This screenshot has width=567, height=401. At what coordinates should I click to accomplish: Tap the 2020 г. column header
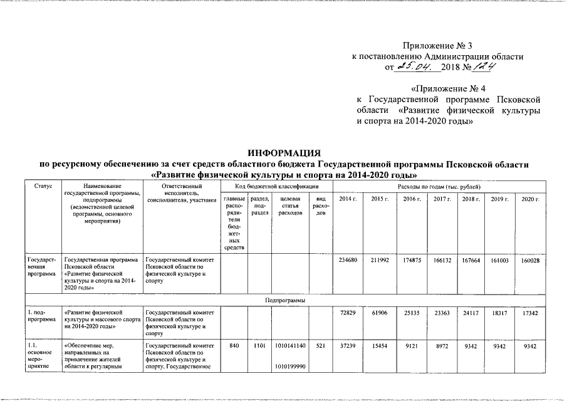[x=530, y=199]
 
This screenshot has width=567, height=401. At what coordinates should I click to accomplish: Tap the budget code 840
[x=234, y=346]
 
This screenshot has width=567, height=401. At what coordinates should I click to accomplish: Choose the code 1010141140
[x=290, y=346]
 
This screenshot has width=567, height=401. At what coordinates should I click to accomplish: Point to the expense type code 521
[x=320, y=346]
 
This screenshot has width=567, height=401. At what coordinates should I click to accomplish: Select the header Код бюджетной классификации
[x=276, y=187]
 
